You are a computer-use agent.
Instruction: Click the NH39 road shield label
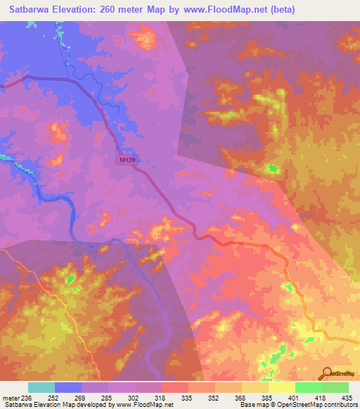(x=127, y=160)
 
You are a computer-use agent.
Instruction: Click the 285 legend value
(x=108, y=397)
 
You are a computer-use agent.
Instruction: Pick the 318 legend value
(x=161, y=397)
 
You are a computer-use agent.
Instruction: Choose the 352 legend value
(x=214, y=397)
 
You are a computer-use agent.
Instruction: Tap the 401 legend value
(x=295, y=397)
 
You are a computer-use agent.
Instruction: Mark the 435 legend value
(x=347, y=397)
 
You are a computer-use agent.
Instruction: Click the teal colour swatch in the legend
(x=41, y=387)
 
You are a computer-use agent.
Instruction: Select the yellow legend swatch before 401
(x=281, y=387)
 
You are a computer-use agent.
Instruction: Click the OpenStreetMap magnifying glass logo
(x=326, y=372)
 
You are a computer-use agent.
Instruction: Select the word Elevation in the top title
(x=73, y=10)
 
